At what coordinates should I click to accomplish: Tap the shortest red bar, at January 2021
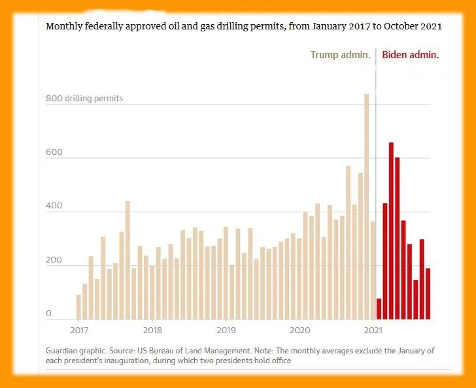[379, 309]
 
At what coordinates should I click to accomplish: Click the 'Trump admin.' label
[340, 55]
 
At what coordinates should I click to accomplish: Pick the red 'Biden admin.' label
[410, 55]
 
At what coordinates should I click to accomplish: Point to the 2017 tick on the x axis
[79, 330]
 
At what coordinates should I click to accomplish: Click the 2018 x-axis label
[152, 330]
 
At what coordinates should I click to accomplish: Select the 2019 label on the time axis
[226, 330]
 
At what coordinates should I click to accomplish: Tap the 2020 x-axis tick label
[299, 330]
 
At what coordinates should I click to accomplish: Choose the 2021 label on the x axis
[373, 330]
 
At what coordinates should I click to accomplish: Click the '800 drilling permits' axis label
[84, 99]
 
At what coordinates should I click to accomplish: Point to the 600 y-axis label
[54, 153]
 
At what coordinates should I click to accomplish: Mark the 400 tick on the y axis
[54, 206]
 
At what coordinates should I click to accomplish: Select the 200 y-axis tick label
[54, 261]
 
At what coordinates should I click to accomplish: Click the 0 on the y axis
[48, 314]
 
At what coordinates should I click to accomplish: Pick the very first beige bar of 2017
[78, 307]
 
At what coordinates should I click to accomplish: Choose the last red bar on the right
[428, 294]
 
